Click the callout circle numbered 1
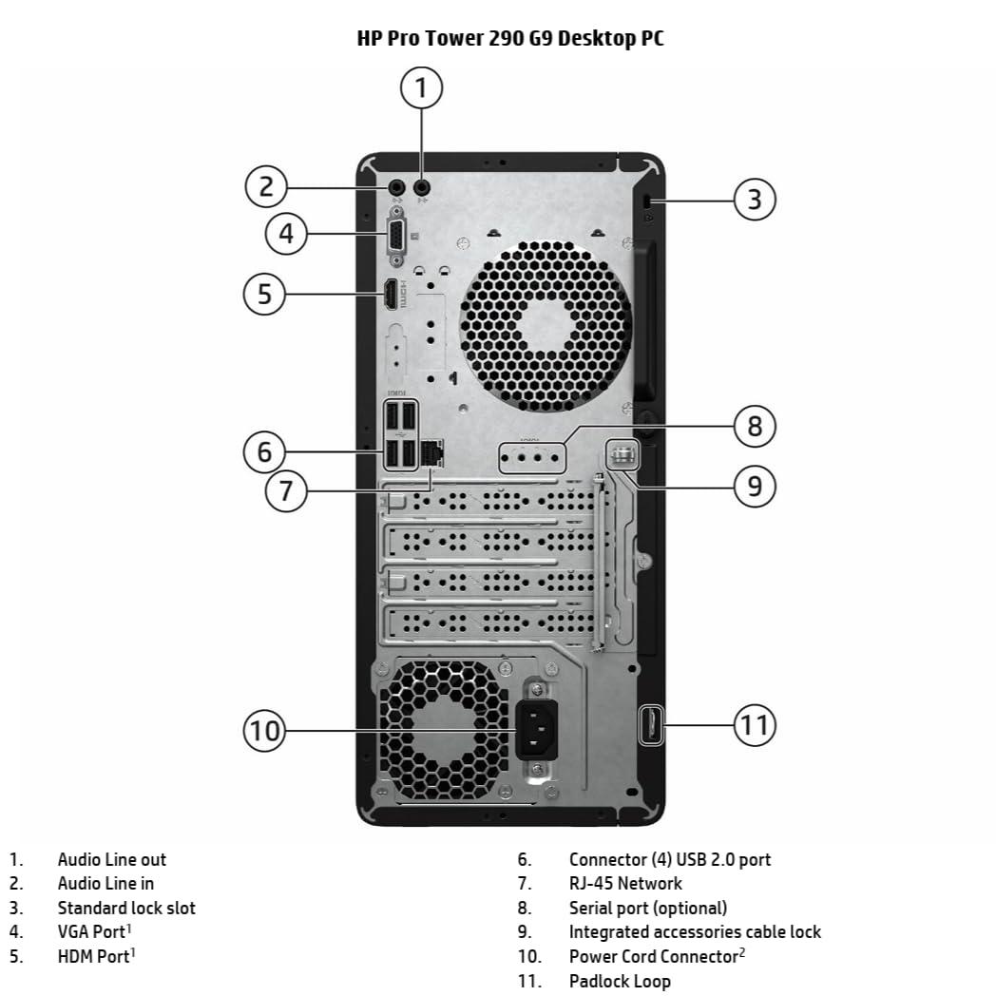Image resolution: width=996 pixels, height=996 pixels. (x=422, y=88)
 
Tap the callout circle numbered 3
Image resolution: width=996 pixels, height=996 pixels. (x=754, y=200)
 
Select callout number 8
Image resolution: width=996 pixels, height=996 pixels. (x=754, y=425)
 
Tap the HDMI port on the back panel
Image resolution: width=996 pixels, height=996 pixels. (x=391, y=296)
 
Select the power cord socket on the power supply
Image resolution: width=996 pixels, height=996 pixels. (x=536, y=729)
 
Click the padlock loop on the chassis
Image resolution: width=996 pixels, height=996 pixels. (x=651, y=724)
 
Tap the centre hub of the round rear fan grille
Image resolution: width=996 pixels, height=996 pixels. (x=545, y=324)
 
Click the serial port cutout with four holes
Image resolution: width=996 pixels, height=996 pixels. (x=531, y=457)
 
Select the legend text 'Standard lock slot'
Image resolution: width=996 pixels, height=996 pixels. (x=126, y=908)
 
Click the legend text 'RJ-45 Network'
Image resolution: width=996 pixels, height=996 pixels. (x=624, y=883)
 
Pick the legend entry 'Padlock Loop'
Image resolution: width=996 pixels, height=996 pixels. (x=619, y=981)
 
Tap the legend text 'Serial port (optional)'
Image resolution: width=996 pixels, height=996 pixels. (x=647, y=908)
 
